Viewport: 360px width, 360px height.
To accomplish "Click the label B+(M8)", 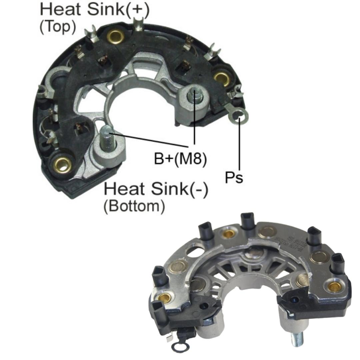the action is [x=180, y=158].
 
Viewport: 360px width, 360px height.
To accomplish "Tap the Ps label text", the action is [x=234, y=178].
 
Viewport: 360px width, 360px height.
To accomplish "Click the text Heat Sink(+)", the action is [x=95, y=9].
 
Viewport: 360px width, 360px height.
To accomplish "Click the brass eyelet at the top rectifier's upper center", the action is [x=116, y=36].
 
